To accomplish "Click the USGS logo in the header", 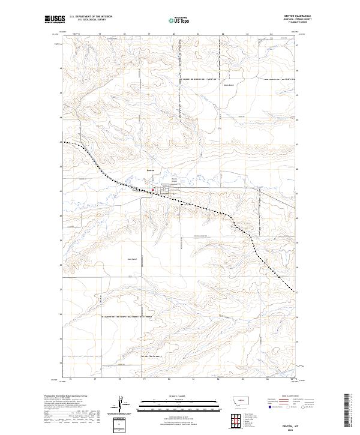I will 55,20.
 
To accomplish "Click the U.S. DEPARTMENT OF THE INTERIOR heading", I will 91,17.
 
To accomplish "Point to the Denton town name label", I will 151,170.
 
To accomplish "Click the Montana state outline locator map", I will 236,400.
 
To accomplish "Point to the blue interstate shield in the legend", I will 269,406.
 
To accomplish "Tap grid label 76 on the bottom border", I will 70,380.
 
